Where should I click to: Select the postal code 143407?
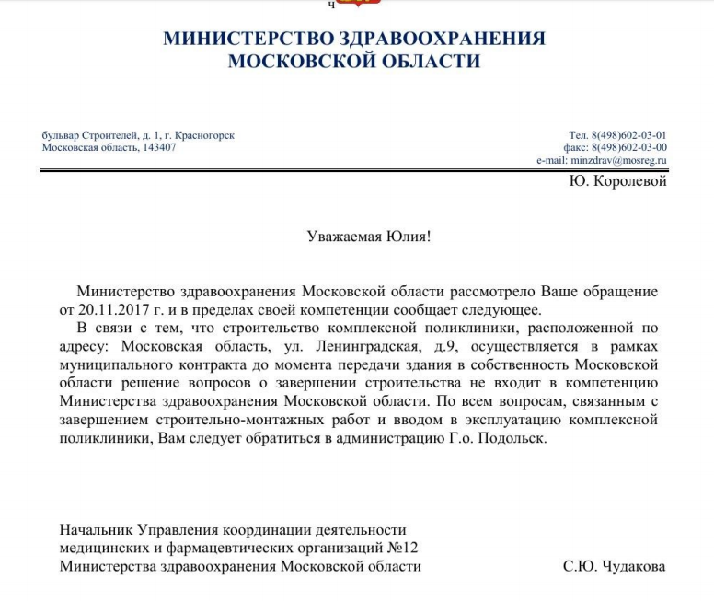tap(159, 147)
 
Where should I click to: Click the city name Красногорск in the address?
tap(204, 135)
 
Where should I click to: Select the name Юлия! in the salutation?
tap(409, 237)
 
